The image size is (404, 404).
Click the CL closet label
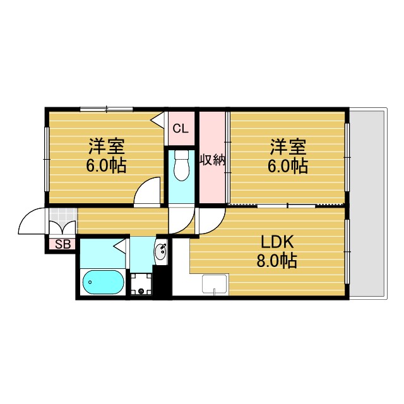(181, 129)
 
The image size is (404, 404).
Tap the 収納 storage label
(213, 160)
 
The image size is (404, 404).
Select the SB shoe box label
(62, 244)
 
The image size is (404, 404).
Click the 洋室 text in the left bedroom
(106, 147)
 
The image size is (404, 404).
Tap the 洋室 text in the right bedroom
(288, 147)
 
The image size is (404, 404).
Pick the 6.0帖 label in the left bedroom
(106, 166)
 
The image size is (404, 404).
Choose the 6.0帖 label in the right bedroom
(288, 166)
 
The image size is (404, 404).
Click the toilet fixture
(182, 165)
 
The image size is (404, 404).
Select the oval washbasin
(161, 252)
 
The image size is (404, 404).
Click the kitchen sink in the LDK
(215, 285)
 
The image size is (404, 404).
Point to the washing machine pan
(141, 284)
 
